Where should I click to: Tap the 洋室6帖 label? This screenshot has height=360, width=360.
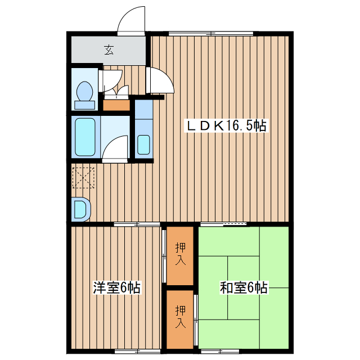[x=116, y=288]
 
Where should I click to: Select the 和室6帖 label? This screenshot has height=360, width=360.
[x=244, y=288]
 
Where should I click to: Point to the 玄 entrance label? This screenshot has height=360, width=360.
[x=109, y=50]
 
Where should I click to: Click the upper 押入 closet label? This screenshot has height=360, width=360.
[x=181, y=253]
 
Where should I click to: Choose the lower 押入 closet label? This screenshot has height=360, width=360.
[x=181, y=317]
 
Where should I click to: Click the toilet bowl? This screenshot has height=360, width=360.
[x=85, y=92]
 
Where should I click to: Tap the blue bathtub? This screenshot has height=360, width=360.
[x=85, y=137]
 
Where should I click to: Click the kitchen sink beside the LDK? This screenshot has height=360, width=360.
[x=143, y=144]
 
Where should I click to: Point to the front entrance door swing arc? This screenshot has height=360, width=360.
[x=132, y=20]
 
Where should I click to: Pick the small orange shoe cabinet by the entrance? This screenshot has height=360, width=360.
[x=116, y=105]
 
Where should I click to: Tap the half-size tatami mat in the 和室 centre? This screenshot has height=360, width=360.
[x=243, y=269]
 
